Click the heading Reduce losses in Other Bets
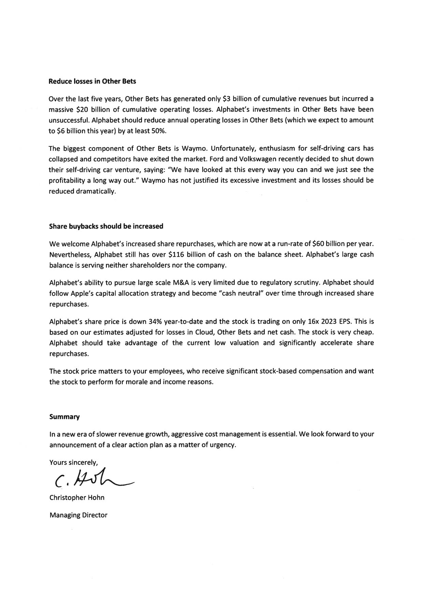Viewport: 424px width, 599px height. [x=93, y=81]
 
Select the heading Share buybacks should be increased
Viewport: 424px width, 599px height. [x=106, y=226]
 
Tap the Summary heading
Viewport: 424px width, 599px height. [x=65, y=417]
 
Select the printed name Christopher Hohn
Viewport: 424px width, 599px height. [x=77, y=498]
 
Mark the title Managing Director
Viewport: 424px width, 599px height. [x=78, y=515]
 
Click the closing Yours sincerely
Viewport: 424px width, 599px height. [x=73, y=462]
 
